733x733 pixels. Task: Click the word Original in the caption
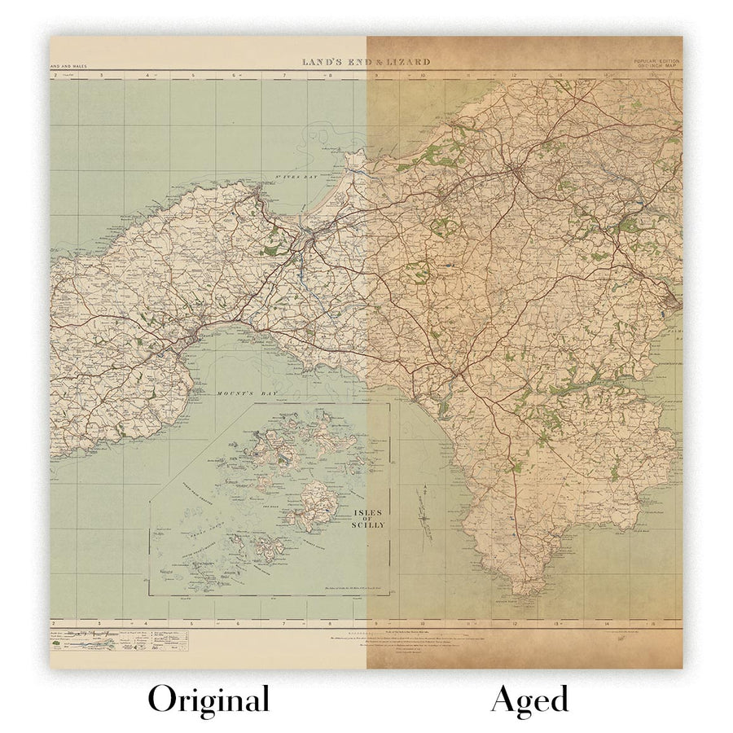[208, 700]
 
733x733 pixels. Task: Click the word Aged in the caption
[529, 700]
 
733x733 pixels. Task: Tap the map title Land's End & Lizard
[366, 62]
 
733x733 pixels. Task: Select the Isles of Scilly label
[370, 519]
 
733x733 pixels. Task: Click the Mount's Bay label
[239, 393]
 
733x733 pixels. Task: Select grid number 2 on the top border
[55, 76]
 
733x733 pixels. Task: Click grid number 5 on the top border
[193, 76]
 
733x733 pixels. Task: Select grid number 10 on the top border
[423, 76]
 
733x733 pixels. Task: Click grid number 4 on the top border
[147, 76]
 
